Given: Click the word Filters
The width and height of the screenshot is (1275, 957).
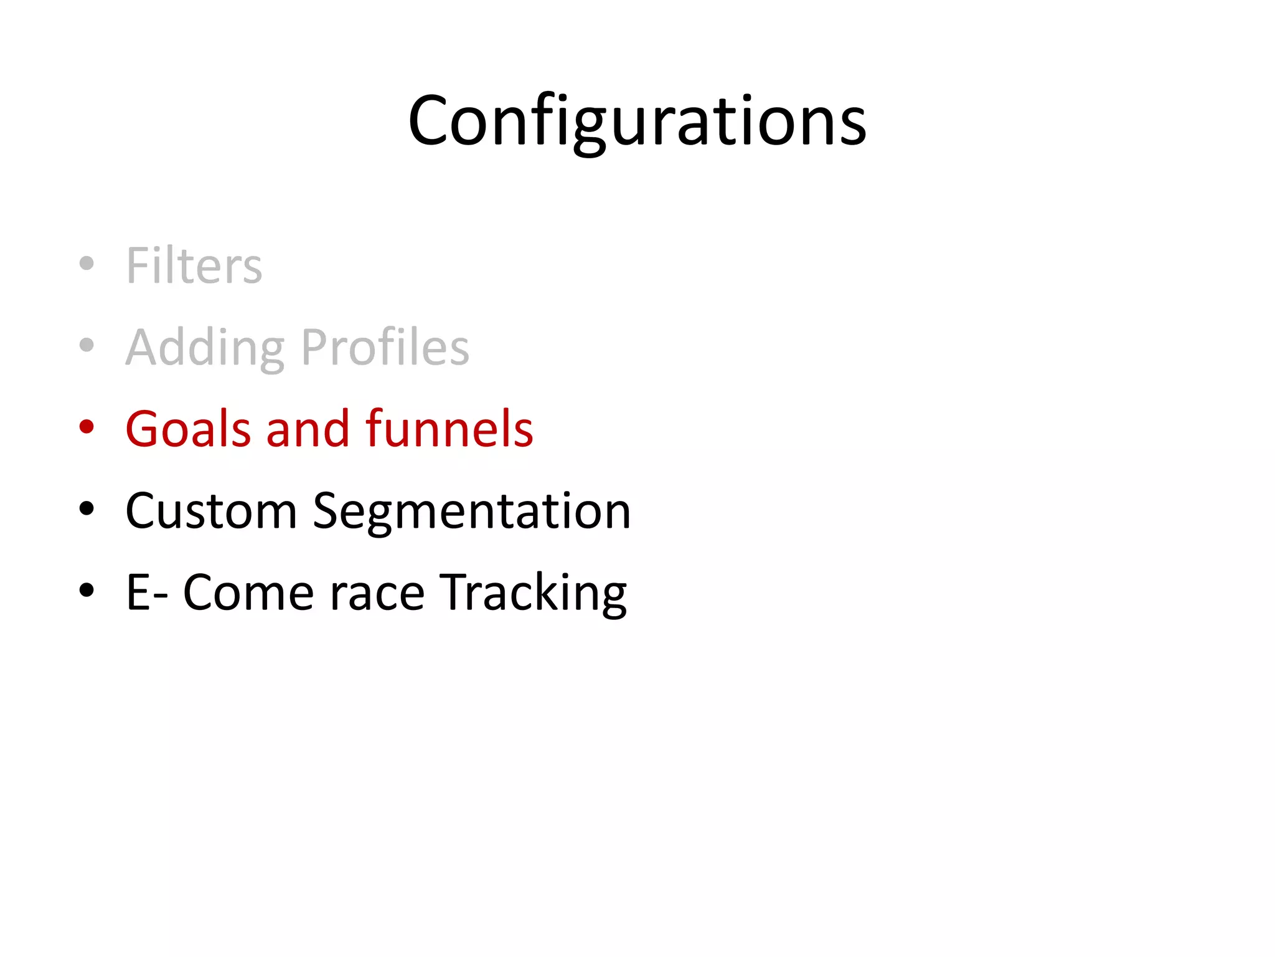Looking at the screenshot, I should (x=194, y=265).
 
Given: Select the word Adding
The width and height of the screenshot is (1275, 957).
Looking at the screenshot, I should (x=205, y=348).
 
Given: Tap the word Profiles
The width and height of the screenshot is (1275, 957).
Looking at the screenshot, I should (x=385, y=347).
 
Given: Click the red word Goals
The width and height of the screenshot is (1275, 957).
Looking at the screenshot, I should (x=189, y=429).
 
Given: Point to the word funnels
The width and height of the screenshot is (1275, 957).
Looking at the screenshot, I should (x=449, y=429).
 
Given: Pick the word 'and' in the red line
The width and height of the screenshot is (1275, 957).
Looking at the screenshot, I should (x=308, y=429).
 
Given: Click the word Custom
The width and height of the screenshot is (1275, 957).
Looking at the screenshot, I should (x=211, y=511).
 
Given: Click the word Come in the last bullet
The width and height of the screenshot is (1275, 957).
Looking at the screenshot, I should (x=248, y=593).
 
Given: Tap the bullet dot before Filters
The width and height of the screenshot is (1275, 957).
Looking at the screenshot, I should (x=87, y=264).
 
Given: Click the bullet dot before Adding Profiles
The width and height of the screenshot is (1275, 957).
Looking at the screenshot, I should (x=87, y=345).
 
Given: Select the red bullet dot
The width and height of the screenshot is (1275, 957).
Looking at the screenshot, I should (x=87, y=427).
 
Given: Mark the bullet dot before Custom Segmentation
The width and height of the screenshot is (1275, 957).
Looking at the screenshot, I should (x=87, y=508).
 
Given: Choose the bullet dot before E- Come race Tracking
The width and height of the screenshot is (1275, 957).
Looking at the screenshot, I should (x=87, y=590).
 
